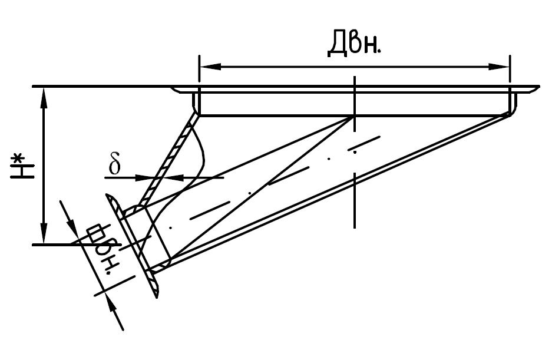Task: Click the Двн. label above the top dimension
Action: [354, 44]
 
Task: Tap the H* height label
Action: [22, 166]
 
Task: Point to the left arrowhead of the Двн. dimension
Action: [210, 66]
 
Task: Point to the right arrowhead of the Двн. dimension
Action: [499, 66]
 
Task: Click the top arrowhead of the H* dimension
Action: [44, 98]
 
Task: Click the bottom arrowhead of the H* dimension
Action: [44, 233]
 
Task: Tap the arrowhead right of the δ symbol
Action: [145, 177]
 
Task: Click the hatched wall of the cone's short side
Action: [165, 160]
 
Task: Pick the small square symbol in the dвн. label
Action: [95, 233]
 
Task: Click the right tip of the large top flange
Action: [539, 87]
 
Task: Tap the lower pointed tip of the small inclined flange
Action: [157, 298]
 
